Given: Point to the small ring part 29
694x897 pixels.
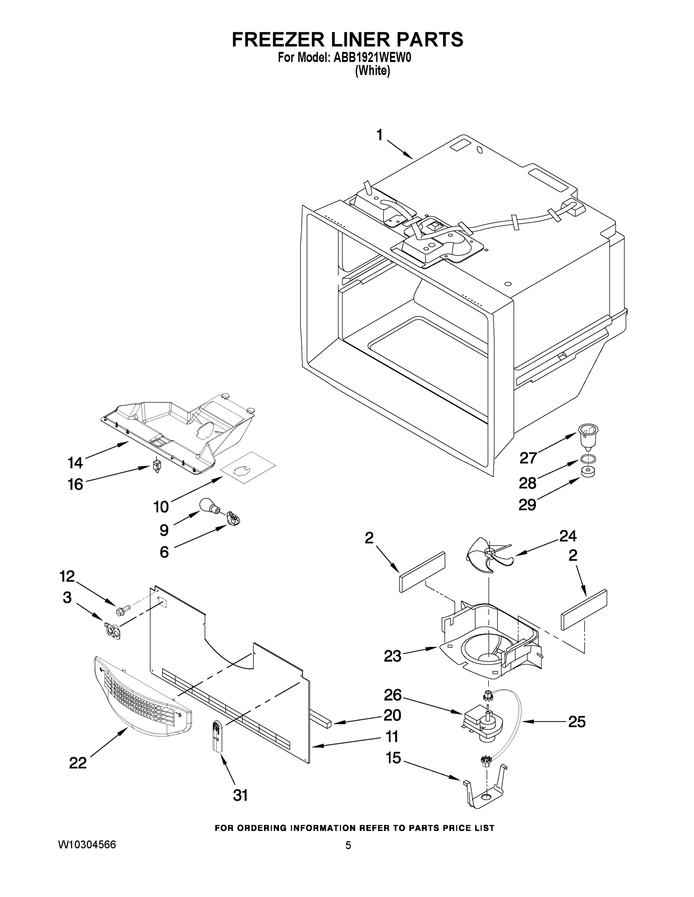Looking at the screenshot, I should tap(588, 472).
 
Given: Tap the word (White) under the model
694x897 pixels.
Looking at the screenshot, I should tap(372, 71).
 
